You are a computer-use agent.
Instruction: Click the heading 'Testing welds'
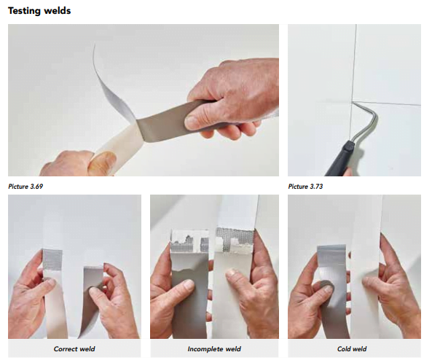click(39, 11)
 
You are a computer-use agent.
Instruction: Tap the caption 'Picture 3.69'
click(25, 187)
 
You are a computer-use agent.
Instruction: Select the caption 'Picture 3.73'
click(305, 187)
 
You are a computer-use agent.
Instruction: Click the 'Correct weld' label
click(74, 349)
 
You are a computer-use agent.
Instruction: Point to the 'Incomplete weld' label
click(214, 349)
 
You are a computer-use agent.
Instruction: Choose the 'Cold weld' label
click(352, 349)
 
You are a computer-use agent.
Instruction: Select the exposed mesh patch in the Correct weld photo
click(52, 259)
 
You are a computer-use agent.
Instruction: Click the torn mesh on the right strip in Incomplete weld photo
click(234, 239)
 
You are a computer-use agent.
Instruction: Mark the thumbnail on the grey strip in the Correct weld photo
click(95, 291)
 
